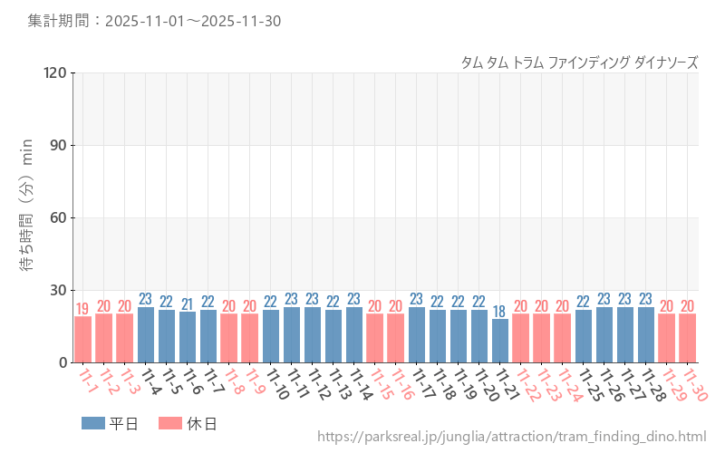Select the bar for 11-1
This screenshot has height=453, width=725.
click(82, 339)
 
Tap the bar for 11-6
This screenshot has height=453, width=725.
click(188, 337)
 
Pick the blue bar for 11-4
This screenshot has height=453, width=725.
click(146, 334)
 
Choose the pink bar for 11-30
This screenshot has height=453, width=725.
click(688, 338)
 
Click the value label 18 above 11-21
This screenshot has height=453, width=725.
click(500, 312)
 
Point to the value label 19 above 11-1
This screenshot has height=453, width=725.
click(82, 309)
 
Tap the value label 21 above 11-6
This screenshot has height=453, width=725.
click(188, 304)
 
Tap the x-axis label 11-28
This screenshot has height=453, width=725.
click(649, 384)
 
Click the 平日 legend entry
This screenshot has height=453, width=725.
click(110, 423)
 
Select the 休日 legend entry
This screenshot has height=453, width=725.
click(187, 423)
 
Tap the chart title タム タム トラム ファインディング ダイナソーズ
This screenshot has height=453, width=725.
click(580, 63)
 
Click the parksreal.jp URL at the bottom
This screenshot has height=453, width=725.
click(511, 437)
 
